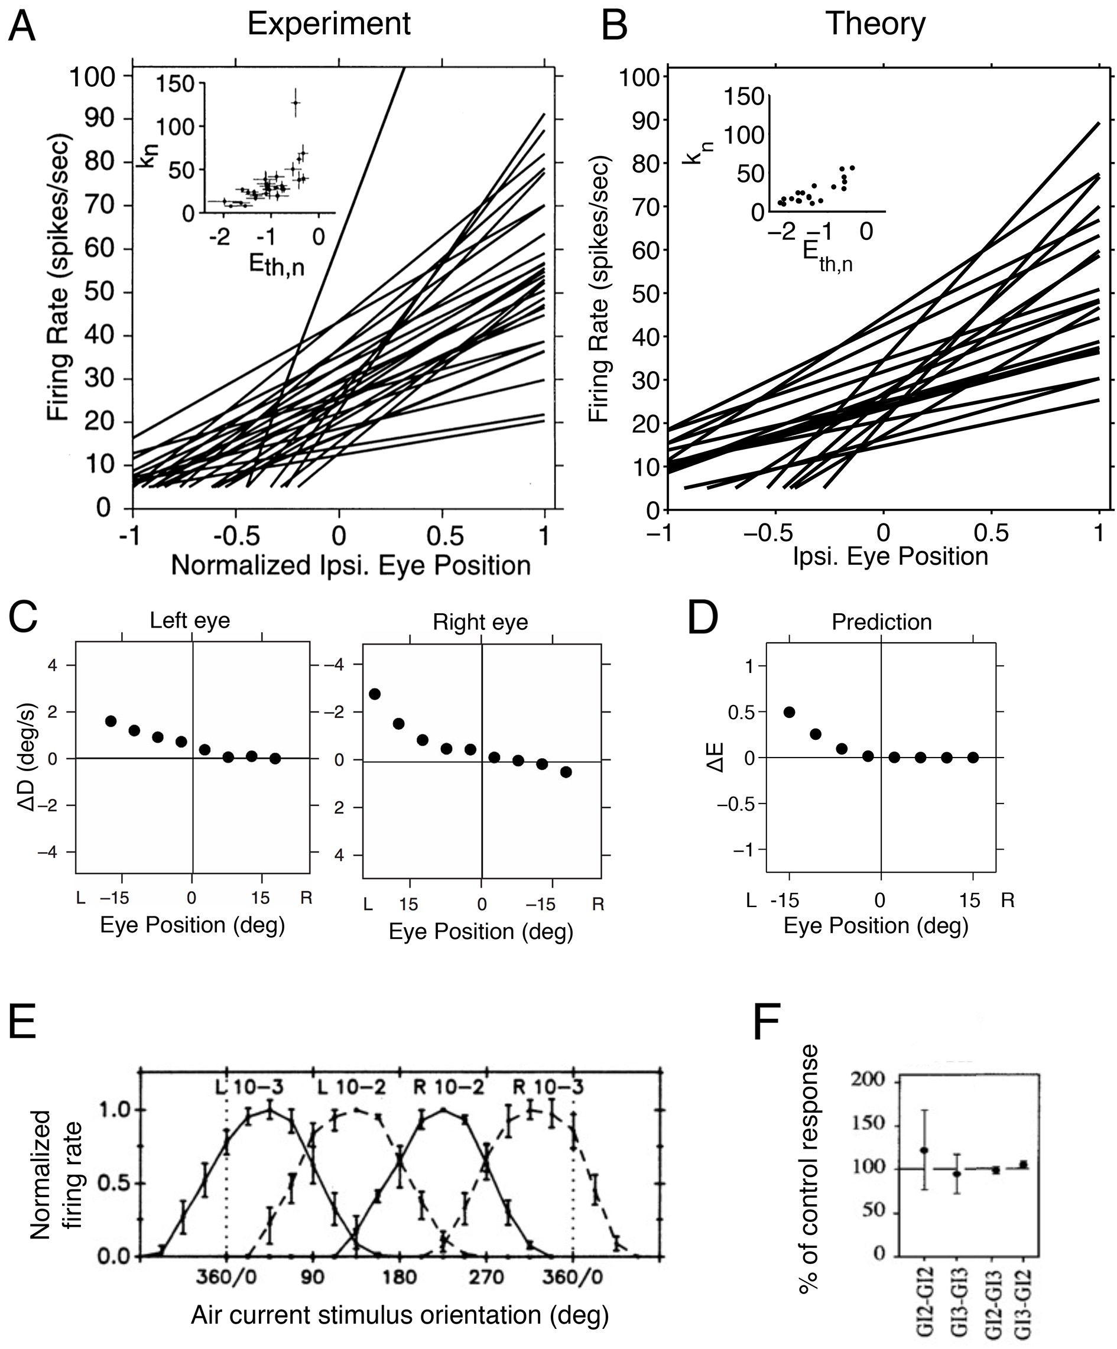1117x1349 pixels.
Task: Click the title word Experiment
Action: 328,24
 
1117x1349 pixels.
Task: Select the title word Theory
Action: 875,24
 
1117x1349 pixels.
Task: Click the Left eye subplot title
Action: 190,620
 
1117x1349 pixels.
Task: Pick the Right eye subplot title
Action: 480,622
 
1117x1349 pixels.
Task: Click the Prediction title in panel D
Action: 881,622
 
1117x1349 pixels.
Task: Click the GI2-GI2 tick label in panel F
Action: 925,1298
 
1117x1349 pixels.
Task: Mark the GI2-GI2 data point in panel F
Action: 924,1150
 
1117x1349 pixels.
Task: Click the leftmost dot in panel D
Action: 790,712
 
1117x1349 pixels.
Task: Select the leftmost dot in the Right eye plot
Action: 375,694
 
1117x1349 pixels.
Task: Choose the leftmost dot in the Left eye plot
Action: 111,721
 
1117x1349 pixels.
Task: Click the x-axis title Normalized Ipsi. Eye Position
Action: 350,565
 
